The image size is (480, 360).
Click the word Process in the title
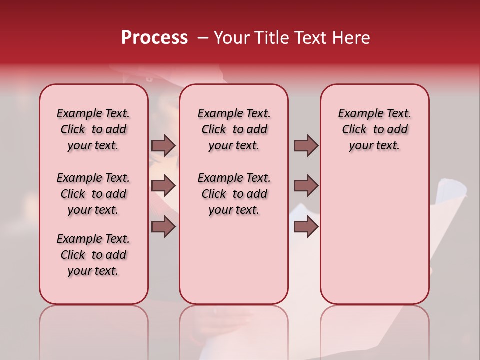click(x=154, y=37)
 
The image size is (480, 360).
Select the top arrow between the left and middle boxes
click(x=163, y=145)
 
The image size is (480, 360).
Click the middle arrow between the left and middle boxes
click(x=163, y=186)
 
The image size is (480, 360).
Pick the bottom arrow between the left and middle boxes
click(x=163, y=227)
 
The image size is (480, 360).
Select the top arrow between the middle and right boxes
click(x=306, y=145)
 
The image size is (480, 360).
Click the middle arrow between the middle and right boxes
click(x=306, y=186)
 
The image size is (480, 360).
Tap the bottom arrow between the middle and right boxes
click(x=306, y=227)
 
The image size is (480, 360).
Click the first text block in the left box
click(x=93, y=129)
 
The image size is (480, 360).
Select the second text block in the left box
click(x=93, y=194)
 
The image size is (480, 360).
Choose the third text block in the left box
click(x=93, y=255)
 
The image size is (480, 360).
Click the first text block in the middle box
click(x=234, y=129)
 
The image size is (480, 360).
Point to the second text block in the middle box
click(x=234, y=194)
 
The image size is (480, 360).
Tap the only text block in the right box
click(x=374, y=129)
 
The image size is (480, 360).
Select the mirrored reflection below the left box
click(x=94, y=330)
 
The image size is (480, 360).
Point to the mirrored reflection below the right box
click(x=374, y=330)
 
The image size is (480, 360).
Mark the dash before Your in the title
click(x=203, y=38)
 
